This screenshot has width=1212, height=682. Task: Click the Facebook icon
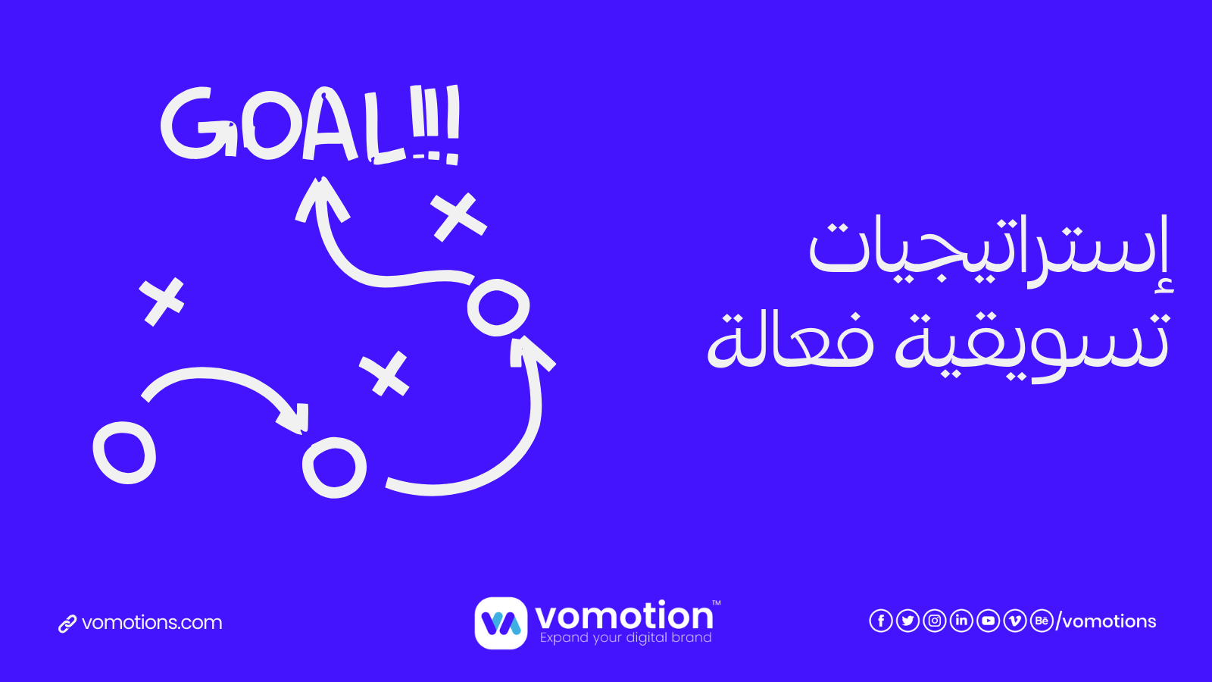pyautogui.click(x=880, y=621)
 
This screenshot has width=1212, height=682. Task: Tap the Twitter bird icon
pyautogui.click(x=907, y=621)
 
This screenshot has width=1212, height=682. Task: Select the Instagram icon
pyautogui.click(x=935, y=621)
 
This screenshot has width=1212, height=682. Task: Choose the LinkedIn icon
pyautogui.click(x=961, y=621)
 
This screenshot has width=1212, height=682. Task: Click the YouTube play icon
pyautogui.click(x=988, y=621)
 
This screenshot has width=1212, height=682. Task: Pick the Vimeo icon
pyautogui.click(x=1015, y=621)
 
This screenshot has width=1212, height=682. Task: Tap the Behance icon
pyautogui.click(x=1042, y=621)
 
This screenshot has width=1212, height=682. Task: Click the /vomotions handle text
pyautogui.click(x=1107, y=621)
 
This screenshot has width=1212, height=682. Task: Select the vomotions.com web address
pyautogui.click(x=151, y=623)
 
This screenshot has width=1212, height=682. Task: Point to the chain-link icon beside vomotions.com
pyautogui.click(x=67, y=624)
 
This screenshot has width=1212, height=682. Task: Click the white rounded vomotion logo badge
pyautogui.click(x=501, y=623)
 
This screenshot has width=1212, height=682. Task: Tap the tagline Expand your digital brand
pyautogui.click(x=626, y=638)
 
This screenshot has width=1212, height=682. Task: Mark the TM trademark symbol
pyautogui.click(x=716, y=604)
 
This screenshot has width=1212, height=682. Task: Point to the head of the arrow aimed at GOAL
pyautogui.click(x=321, y=196)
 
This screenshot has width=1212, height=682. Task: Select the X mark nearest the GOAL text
pyautogui.click(x=458, y=216)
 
